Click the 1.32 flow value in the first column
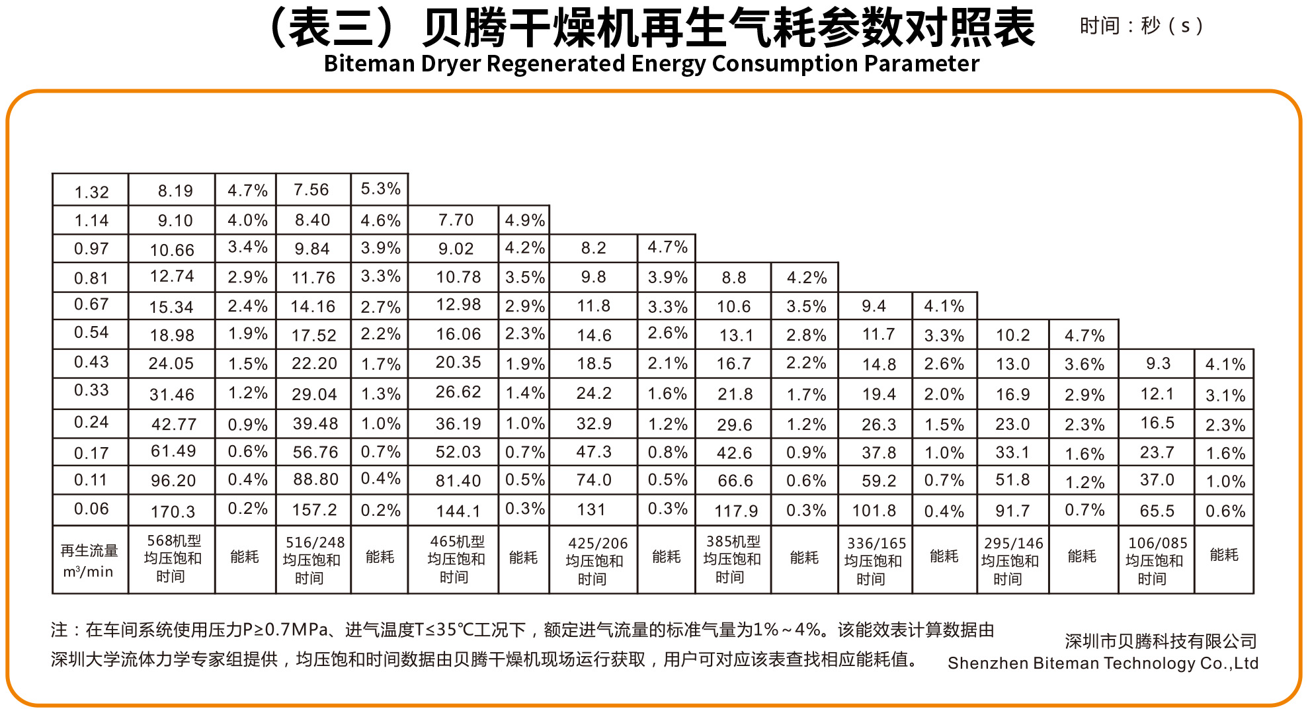tap(91, 192)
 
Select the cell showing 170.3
tap(173, 511)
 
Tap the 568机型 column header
tap(173, 558)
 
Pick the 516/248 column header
tap(313, 560)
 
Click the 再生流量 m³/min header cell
tap(89, 560)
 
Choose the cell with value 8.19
tap(175, 191)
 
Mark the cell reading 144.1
tap(458, 511)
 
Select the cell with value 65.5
tap(1157, 511)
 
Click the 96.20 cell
tap(173, 480)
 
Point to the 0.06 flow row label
tap(91, 509)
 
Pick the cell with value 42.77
tap(173, 423)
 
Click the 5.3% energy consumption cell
tap(380, 189)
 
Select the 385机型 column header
tap(733, 559)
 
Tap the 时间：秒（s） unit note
tap(1141, 26)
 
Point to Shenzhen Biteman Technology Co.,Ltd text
tap(1102, 663)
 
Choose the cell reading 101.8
tap(874, 511)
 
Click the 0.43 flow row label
tap(91, 362)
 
